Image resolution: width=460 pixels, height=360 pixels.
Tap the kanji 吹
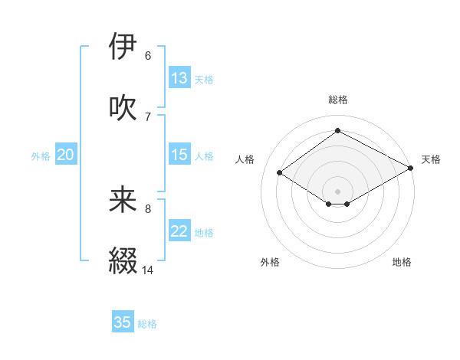coord(123,107)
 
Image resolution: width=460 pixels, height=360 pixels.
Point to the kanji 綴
coord(123,261)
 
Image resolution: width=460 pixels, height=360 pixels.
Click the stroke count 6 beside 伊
coord(148,55)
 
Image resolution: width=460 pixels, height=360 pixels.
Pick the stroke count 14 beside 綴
coord(148,270)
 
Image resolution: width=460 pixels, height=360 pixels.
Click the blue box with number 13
coord(179,77)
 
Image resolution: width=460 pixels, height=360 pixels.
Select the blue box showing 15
coord(179,154)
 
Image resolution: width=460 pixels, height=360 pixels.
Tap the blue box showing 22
coord(179,231)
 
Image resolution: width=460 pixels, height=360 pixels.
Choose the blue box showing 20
coord(66,155)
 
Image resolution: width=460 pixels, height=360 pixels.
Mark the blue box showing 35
coord(123,322)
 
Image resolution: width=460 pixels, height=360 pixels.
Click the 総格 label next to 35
coord(147,324)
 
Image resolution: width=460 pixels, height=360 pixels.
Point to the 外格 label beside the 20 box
coord(41,156)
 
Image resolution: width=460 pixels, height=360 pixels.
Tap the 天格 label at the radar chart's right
coord(431,159)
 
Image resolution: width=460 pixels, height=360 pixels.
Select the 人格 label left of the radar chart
coord(245,159)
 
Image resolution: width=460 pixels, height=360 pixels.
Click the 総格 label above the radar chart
coord(338,100)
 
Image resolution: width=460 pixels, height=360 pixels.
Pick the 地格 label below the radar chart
coord(402,262)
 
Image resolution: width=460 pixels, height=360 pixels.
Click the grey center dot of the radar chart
coord(338,191)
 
